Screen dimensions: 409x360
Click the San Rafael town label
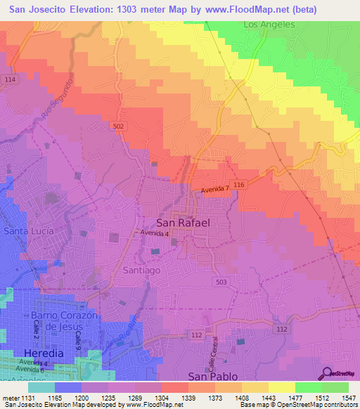pos(182,222)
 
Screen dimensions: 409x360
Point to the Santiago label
pos(143,269)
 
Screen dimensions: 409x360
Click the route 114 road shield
pos(9,80)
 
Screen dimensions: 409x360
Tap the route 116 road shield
pos(240,184)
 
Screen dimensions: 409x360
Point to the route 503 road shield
pos(220,281)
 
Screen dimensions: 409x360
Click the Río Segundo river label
pos(56,102)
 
